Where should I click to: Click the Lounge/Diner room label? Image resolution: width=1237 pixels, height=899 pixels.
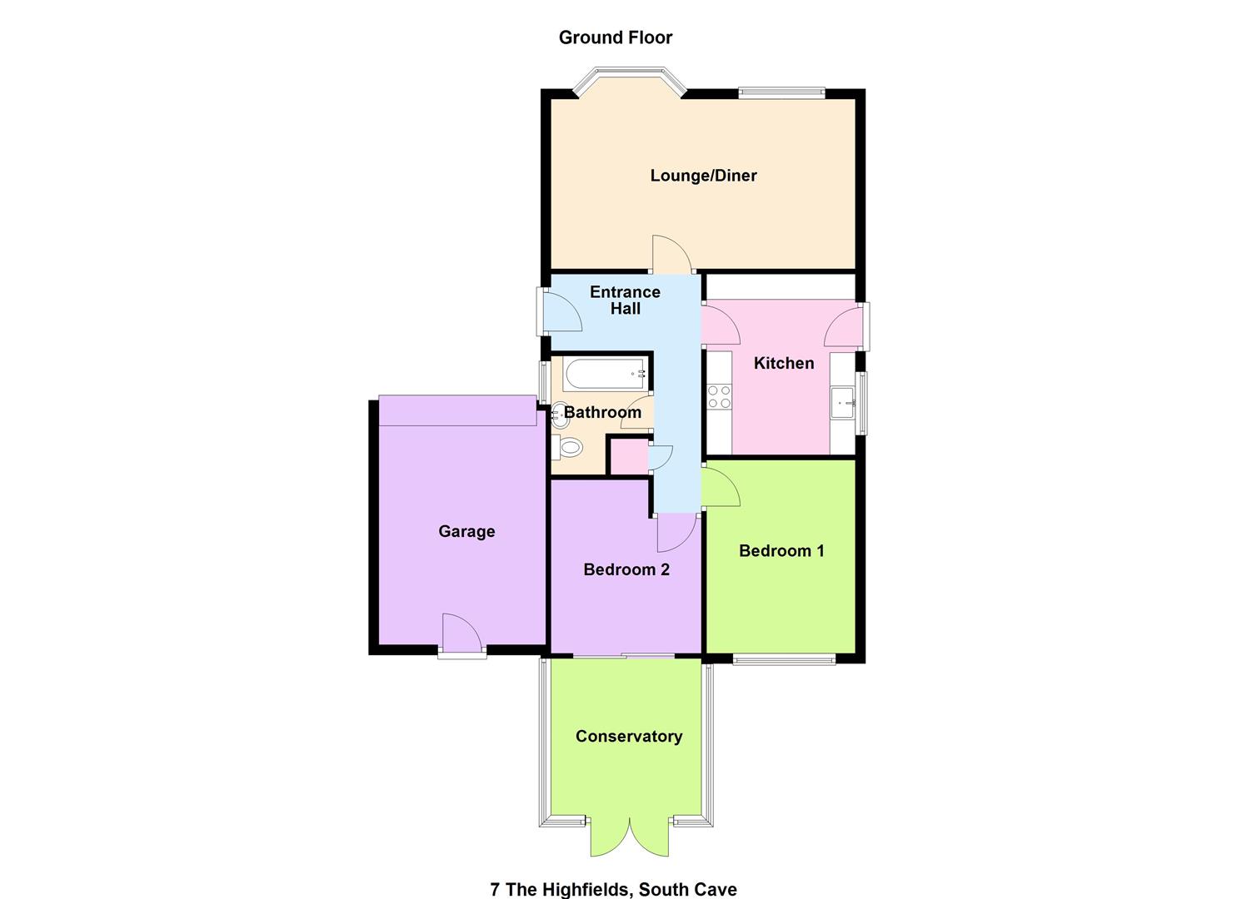[703, 176]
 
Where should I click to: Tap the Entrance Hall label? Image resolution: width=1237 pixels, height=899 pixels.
[625, 300]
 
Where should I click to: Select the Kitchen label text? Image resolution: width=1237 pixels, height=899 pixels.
[783, 363]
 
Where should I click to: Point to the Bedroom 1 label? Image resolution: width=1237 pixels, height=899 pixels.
[781, 550]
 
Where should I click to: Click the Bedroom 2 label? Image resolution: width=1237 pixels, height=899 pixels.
[626, 569]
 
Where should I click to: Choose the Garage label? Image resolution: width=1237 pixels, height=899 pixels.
[466, 531]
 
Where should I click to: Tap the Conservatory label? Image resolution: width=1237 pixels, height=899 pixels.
[629, 736]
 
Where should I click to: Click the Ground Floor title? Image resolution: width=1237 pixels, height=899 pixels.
[616, 37]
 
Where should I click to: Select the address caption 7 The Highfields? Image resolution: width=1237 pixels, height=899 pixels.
[613, 889]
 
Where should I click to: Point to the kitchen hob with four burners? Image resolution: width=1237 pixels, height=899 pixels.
[718, 396]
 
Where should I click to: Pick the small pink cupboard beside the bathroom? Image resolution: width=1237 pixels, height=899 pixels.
[629, 457]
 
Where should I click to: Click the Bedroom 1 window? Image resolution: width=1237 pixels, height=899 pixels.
[784, 661]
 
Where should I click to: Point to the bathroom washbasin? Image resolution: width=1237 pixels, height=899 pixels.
[560, 415]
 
